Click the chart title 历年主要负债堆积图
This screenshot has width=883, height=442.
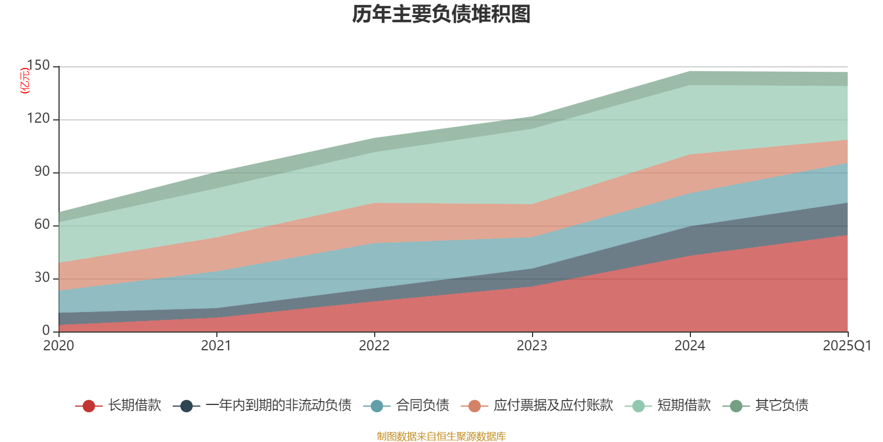[x=441, y=15]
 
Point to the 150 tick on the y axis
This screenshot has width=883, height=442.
[x=38, y=66]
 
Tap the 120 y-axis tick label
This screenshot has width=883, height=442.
[x=38, y=119]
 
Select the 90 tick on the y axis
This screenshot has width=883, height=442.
[x=42, y=172]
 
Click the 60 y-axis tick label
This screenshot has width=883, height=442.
[x=42, y=225]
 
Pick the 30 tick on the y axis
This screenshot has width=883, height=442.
[x=42, y=278]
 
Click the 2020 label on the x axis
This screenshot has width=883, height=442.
[x=58, y=346]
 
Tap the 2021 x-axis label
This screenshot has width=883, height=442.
[x=216, y=346]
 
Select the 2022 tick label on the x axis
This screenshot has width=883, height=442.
[x=374, y=346]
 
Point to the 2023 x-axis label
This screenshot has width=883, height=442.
[x=532, y=346]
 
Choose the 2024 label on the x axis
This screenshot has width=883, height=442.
[x=690, y=346]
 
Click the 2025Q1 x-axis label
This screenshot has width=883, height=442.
[x=847, y=346]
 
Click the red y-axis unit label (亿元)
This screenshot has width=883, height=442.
[x=25, y=81]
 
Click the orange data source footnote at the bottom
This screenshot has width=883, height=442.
[x=441, y=436]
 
